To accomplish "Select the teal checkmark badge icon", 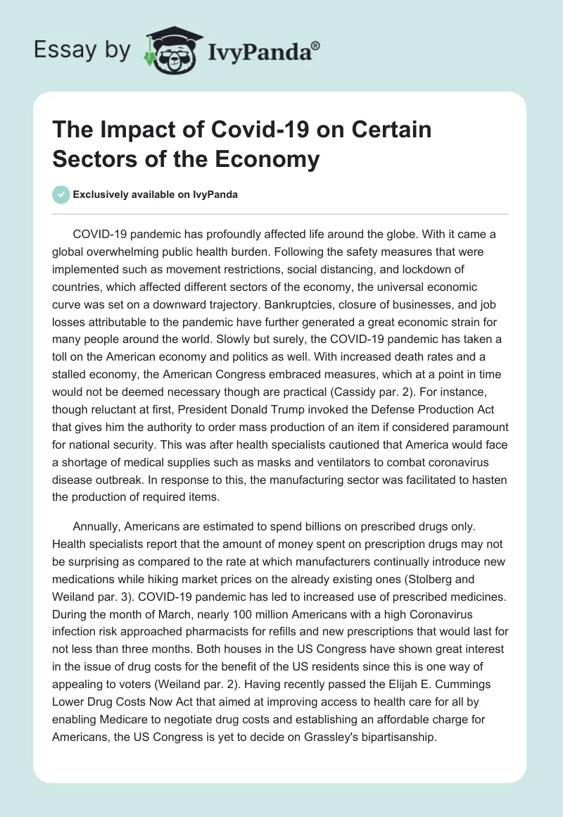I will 61,195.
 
